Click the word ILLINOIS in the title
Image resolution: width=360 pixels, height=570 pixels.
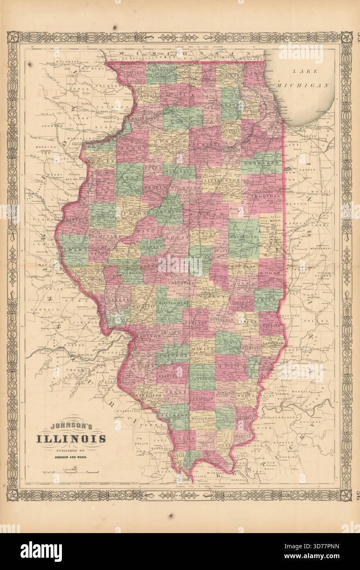(71, 439)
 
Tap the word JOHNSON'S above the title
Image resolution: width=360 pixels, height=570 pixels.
(72, 426)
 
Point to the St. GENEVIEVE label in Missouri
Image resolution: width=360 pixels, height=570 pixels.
(128, 410)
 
